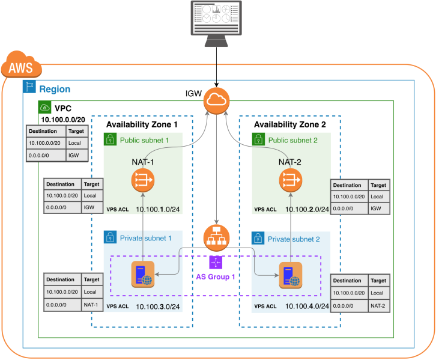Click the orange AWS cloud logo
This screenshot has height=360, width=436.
point(20,66)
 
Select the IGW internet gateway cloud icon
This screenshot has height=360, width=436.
point(215,100)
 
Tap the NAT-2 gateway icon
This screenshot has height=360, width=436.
point(291,178)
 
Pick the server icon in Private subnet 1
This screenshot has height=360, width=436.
point(143,275)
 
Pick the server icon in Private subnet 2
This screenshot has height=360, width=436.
point(291,275)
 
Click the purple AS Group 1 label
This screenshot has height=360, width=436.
point(216,277)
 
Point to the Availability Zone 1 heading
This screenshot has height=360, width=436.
point(142,124)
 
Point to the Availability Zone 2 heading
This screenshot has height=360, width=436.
point(290,124)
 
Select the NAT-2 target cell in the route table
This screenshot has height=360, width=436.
point(378,307)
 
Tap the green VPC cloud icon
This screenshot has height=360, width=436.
point(44,108)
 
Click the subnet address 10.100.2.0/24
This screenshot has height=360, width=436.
point(306,209)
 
